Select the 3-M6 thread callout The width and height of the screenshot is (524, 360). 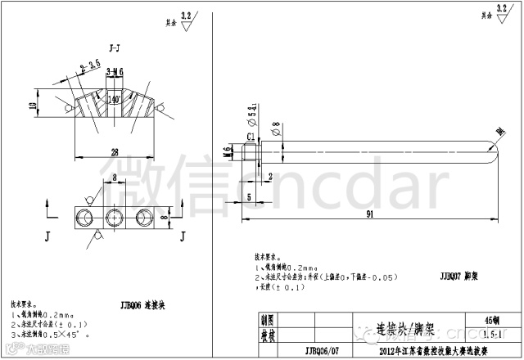click(115, 72)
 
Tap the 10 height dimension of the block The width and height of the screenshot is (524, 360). click(32, 105)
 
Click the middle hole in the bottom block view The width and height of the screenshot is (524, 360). click(113, 216)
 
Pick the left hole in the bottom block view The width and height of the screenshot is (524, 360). click(84, 216)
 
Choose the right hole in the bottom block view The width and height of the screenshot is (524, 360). click(143, 216)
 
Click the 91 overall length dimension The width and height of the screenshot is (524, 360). click(370, 214)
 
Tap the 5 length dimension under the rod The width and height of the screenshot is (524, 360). click(249, 196)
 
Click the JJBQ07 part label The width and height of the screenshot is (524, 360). click(451, 277)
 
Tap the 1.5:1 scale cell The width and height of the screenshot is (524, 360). click(494, 335)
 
